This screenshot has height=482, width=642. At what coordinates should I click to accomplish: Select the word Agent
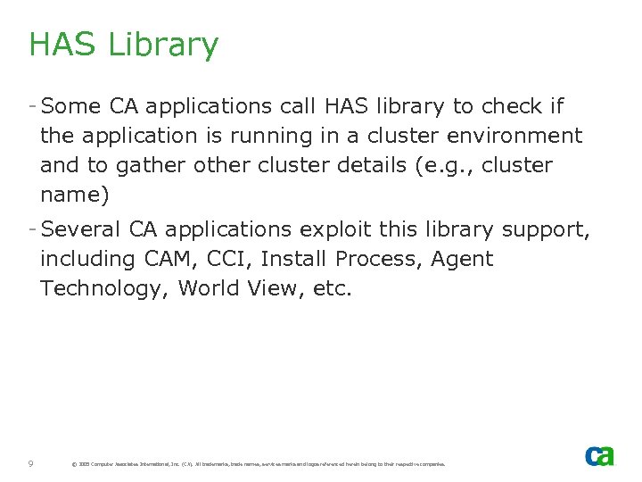click(x=462, y=260)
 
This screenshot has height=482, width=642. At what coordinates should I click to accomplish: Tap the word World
click(x=210, y=288)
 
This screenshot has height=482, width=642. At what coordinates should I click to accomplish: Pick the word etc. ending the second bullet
click(x=332, y=288)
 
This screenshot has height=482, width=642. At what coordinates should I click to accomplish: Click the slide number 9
click(x=31, y=463)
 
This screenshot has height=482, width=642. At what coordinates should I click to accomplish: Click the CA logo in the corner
click(x=599, y=456)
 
